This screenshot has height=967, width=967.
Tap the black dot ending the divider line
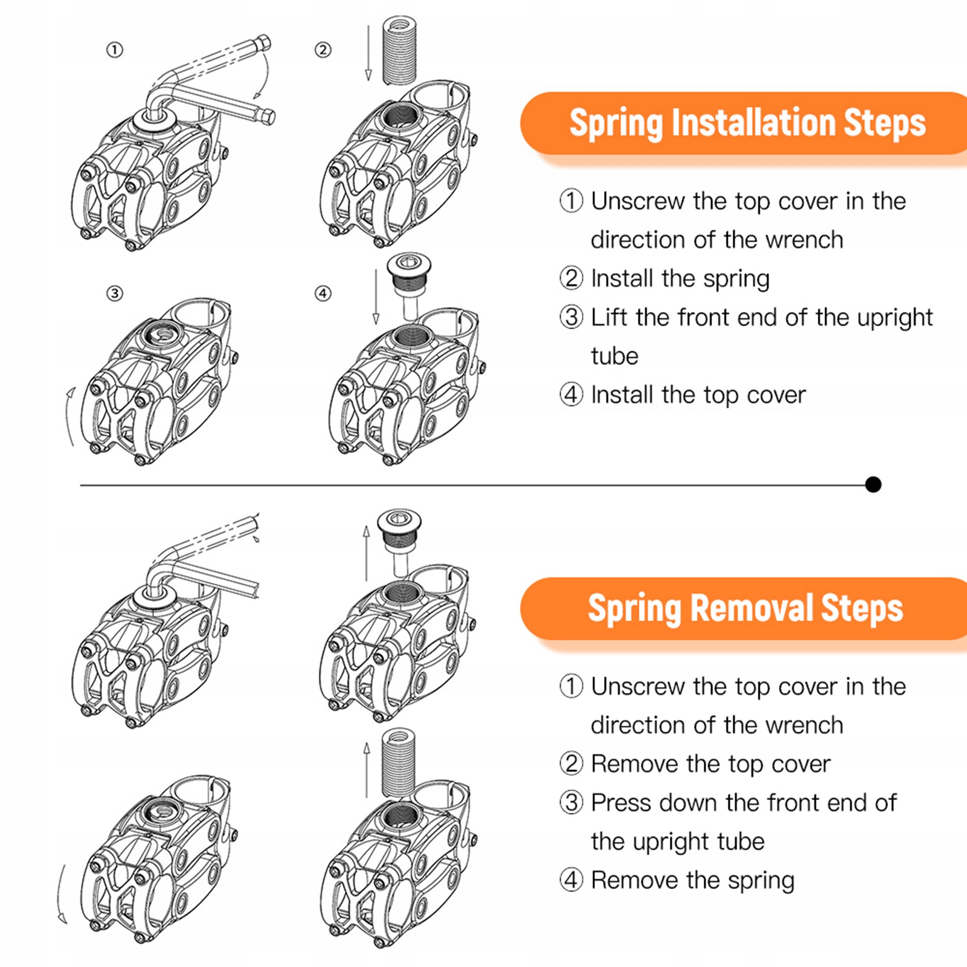coord(873,484)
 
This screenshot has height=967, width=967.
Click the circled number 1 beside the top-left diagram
coord(115,50)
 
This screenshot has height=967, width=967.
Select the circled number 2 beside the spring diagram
coord(323,50)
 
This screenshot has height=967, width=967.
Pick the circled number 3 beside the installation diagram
coord(115,294)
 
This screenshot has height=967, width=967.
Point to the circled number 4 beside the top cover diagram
coord(323,294)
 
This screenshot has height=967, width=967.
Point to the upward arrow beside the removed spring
coord(367,770)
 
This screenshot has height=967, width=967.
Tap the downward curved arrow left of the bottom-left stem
coord(60,894)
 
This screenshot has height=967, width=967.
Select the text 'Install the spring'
coord(680,278)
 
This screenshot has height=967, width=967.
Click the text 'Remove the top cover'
coord(710,764)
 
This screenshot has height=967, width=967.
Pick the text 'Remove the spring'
coord(692,880)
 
